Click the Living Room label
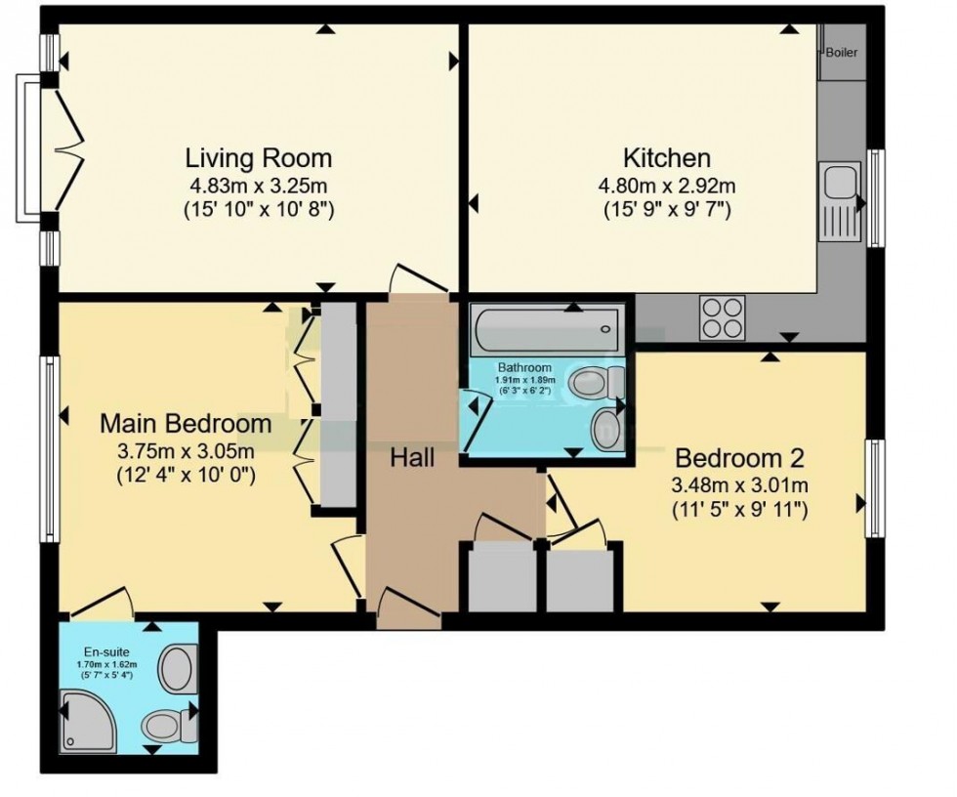pyautogui.click(x=259, y=157)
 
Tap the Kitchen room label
pyautogui.click(x=667, y=157)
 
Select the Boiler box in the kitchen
pyautogui.click(x=841, y=53)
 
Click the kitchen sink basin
pyautogui.click(x=838, y=182)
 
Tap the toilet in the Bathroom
pyautogui.click(x=598, y=382)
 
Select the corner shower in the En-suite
pyautogui.click(x=88, y=719)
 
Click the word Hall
pyautogui.click(x=413, y=457)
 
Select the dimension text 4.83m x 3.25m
pyautogui.click(x=259, y=185)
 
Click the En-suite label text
pyautogui.click(x=104, y=651)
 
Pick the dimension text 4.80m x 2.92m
pyautogui.click(x=667, y=185)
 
